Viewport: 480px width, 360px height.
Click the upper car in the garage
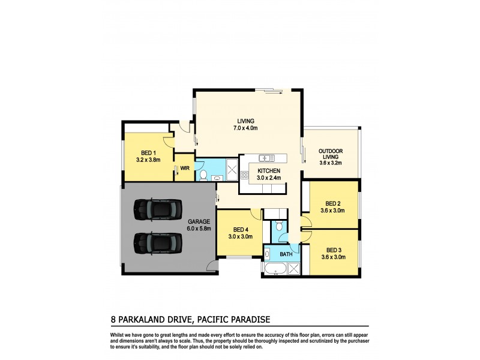(157, 208)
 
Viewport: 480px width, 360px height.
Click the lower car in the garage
(157, 242)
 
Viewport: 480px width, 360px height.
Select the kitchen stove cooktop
(244, 176)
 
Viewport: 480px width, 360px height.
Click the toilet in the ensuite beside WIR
(203, 175)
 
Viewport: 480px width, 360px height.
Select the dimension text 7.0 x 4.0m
(245, 128)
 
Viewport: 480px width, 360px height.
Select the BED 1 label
(149, 152)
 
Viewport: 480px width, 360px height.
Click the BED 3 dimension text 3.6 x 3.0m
(334, 258)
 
